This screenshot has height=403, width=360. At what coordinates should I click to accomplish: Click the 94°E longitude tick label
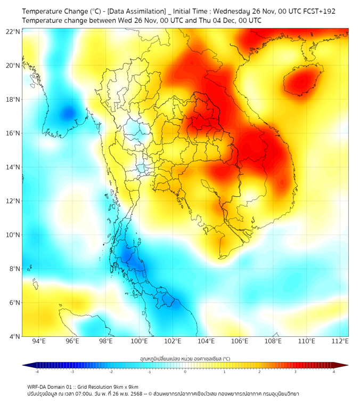coord(39,341)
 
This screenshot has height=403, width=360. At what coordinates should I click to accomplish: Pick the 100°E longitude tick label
coord(140,341)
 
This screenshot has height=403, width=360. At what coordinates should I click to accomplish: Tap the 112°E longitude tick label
coord(340,341)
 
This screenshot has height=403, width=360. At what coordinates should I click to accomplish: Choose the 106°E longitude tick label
coord(240,341)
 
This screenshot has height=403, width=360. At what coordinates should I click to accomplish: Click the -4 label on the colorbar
coord(36,372)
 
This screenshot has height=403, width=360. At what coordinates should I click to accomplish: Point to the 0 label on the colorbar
coord(185,372)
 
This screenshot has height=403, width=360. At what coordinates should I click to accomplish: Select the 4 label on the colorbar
coord(334,372)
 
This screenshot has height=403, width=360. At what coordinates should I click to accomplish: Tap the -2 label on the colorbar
coord(110,372)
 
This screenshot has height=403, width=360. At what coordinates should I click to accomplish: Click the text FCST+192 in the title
coord(320,11)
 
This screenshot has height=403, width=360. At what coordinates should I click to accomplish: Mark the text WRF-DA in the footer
coord(38,386)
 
